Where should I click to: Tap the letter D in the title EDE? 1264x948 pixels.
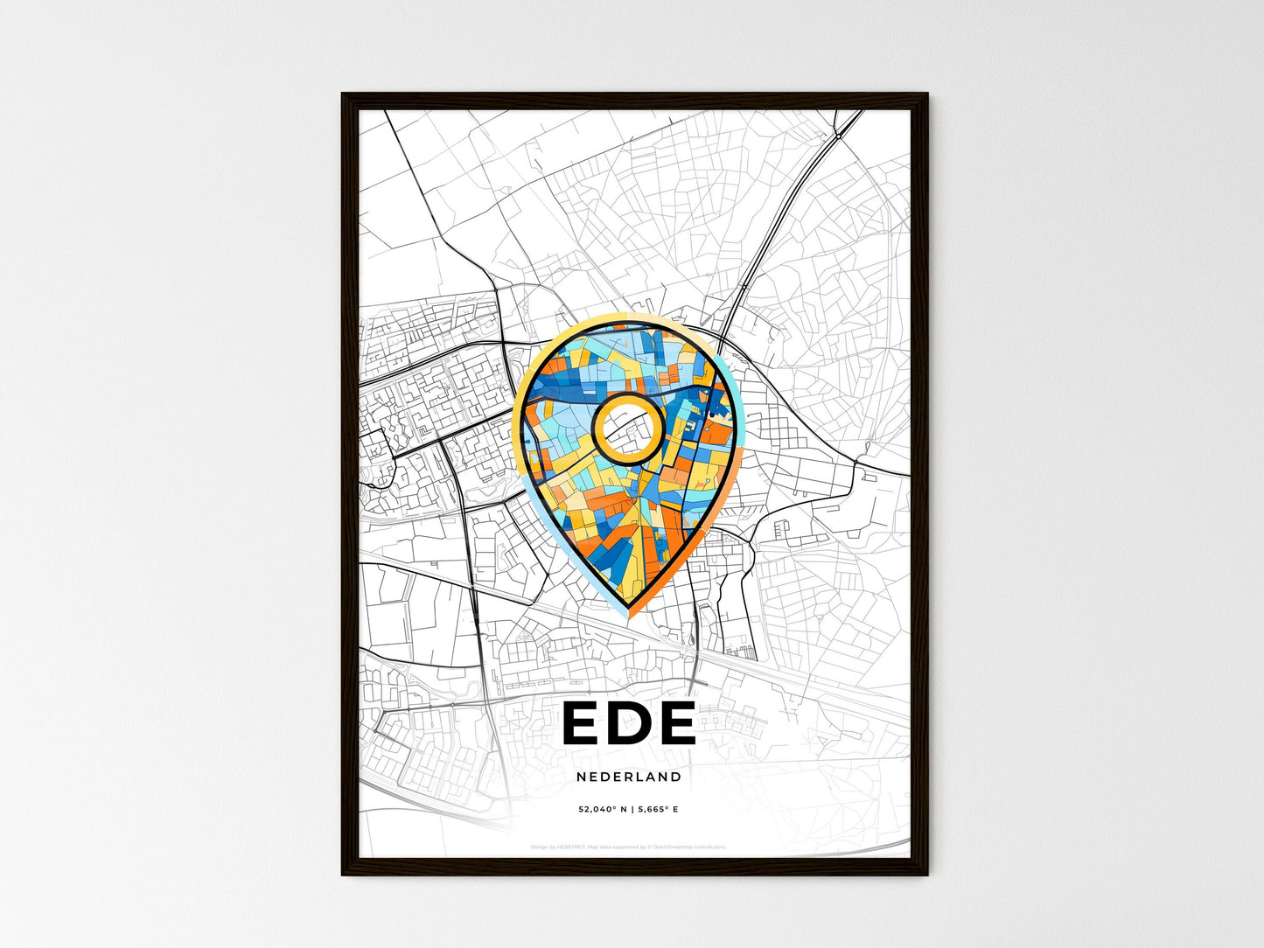point(629,723)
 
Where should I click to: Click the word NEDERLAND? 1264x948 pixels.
point(629,777)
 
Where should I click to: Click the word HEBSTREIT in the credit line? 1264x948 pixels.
point(574,847)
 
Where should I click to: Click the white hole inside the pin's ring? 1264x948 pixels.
point(626,427)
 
